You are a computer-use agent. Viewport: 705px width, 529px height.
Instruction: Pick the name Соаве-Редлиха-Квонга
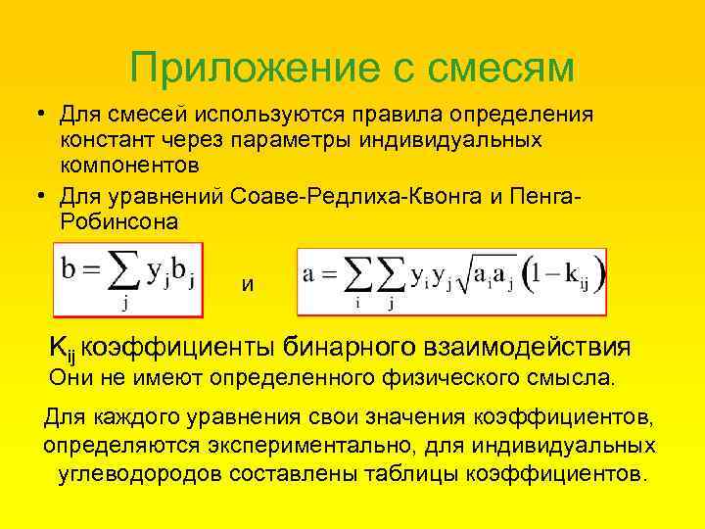point(359,196)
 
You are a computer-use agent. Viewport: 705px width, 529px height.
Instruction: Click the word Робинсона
point(118,221)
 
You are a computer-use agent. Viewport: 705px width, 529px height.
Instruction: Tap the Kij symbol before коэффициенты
point(63,347)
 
